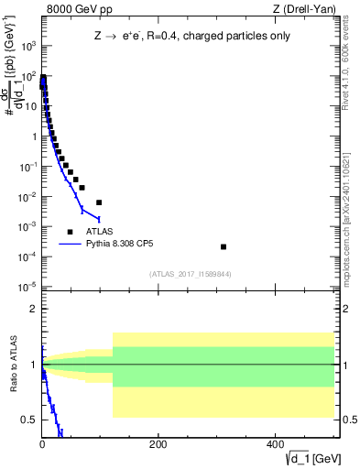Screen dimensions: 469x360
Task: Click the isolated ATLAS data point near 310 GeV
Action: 224,246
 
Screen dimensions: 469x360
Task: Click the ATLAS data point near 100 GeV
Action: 99,202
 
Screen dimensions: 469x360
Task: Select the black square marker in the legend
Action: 71,232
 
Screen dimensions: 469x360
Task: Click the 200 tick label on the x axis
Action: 157,444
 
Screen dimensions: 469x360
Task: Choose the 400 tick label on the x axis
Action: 273,444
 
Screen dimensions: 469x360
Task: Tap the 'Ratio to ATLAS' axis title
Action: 13,364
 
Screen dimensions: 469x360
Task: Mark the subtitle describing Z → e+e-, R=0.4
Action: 191,37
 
